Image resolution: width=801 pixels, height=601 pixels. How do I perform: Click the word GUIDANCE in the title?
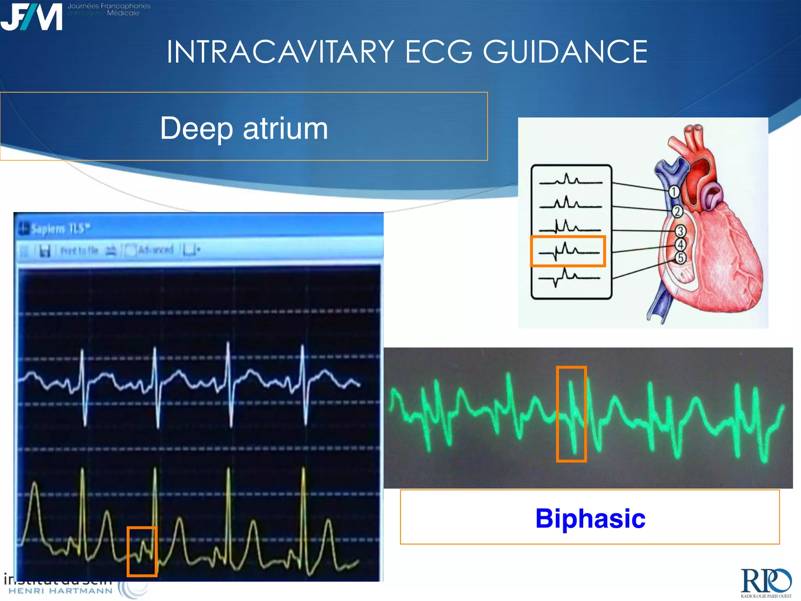[565, 52]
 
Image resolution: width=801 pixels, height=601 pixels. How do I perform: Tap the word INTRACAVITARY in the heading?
[280, 52]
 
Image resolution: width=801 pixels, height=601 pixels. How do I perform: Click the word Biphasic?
[590, 518]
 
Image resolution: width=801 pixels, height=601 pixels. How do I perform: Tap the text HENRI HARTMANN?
[61, 590]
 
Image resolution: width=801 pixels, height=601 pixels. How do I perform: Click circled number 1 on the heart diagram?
[673, 192]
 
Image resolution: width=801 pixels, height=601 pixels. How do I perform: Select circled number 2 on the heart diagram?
[677, 212]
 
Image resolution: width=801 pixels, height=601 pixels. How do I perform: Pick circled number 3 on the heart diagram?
[680, 231]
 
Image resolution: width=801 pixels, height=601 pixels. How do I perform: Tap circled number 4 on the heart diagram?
[681, 245]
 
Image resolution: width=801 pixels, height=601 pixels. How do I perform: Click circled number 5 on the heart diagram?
[681, 258]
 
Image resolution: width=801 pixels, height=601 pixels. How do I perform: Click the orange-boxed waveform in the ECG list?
[568, 251]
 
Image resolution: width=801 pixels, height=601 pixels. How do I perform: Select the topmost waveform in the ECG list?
[570, 180]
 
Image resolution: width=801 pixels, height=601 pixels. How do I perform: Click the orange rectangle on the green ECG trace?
[571, 414]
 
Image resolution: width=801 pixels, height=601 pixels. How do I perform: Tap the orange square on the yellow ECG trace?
[142, 551]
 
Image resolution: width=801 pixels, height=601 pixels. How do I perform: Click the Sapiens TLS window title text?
[60, 229]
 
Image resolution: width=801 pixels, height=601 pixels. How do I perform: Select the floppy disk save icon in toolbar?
[45, 251]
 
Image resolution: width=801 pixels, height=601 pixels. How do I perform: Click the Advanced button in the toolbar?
[155, 250]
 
